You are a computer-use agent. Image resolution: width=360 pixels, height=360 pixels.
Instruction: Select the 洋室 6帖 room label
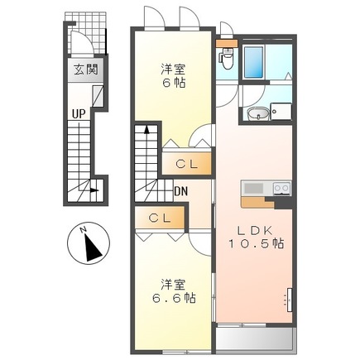click(x=172, y=77)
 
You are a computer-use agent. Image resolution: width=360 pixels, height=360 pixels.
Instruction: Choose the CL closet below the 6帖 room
click(x=187, y=164)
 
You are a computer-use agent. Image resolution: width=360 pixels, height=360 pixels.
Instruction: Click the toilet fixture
click(x=226, y=59)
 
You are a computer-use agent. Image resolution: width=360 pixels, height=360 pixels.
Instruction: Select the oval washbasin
click(x=257, y=114)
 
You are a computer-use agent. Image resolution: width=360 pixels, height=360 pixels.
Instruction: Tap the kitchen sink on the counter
click(x=252, y=189)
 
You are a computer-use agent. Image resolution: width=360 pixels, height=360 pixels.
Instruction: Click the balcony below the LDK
click(x=254, y=338)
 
